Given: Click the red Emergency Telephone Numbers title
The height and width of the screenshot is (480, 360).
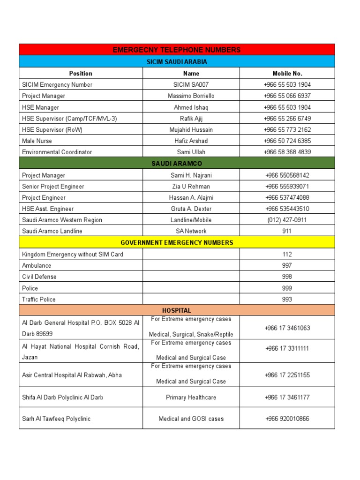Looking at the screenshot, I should click(177, 50).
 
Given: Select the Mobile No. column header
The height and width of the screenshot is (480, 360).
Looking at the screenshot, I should click(287, 73).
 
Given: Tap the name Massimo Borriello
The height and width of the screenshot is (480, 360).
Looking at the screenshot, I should click(191, 96).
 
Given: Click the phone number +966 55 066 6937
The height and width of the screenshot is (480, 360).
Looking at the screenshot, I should click(287, 96).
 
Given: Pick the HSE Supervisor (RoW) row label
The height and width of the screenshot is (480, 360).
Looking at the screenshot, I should click(52, 130).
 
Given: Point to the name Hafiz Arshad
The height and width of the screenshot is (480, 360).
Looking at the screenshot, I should click(191, 141).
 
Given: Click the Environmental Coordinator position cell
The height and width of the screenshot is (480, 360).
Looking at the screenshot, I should click(57, 152).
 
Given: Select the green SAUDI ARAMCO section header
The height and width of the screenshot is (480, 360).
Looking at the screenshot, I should click(177, 164).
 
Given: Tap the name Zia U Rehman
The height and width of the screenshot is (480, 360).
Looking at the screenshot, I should click(191, 187).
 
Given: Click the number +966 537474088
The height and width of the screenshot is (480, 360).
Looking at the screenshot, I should click(287, 198).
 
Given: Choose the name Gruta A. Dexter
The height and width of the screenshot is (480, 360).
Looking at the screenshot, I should click(191, 209).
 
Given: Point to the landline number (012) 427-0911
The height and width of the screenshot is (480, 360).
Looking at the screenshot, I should click(287, 220).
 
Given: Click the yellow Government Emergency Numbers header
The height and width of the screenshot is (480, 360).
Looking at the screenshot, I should click(177, 243).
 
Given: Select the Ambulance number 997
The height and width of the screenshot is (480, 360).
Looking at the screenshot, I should click(287, 266).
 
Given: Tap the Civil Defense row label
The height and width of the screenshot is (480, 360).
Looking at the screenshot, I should click(39, 277).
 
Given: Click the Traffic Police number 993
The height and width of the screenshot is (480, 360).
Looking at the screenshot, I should click(287, 300).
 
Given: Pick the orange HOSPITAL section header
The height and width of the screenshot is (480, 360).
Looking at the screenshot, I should click(177, 310).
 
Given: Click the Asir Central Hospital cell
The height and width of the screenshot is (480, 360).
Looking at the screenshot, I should click(72, 375).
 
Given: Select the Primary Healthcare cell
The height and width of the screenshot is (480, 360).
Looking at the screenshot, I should click(191, 397).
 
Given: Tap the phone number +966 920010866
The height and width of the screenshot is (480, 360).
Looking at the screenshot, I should click(287, 419).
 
